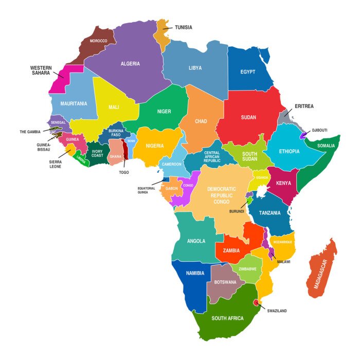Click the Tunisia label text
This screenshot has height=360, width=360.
[x=184, y=27]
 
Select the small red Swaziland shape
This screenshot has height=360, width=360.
[x=255, y=303]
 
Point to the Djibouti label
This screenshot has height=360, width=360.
[x=319, y=130]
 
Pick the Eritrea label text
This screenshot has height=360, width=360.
[x=304, y=106]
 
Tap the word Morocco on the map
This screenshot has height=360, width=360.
[x=98, y=41]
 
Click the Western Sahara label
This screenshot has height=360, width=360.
[x=41, y=70]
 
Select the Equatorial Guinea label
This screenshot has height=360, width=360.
[x=146, y=190]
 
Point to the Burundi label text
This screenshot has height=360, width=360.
[x=237, y=211]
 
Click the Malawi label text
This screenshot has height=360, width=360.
[x=283, y=262]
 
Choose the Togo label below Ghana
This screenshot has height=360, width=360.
[x=124, y=172]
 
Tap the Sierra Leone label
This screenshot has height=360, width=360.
[x=55, y=164]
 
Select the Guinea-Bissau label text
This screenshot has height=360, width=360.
[x=44, y=147]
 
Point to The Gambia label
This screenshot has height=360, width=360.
[x=30, y=132]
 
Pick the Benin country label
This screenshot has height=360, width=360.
[x=131, y=140]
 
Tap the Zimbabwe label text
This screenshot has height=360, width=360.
[x=247, y=269]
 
